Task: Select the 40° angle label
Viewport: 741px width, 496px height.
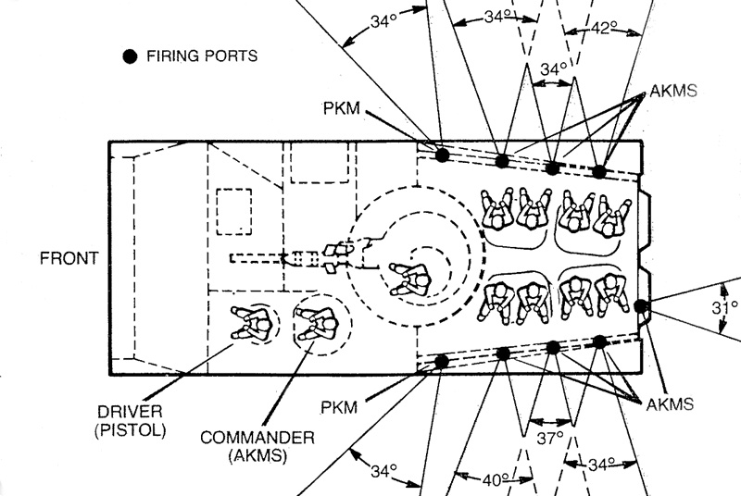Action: (x=494, y=479)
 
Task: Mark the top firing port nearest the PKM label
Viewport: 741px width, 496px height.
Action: (x=443, y=154)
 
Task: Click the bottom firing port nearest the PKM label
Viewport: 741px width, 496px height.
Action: (x=442, y=361)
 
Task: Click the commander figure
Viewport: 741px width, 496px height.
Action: (x=316, y=324)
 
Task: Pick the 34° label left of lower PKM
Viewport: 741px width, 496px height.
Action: (x=377, y=471)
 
